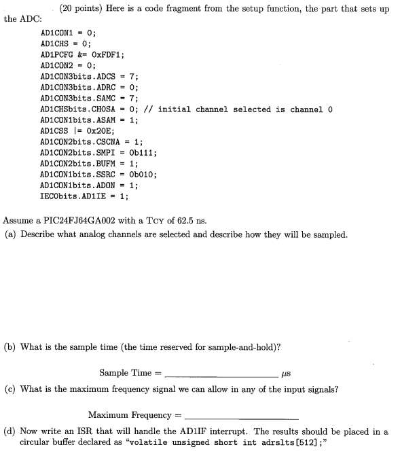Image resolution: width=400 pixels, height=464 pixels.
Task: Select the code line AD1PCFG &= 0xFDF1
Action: point(81,54)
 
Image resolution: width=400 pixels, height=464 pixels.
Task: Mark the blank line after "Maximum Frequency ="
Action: point(240,415)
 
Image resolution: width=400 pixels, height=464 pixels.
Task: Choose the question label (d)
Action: point(10,431)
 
